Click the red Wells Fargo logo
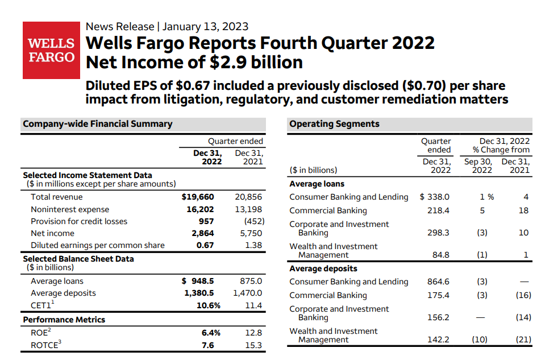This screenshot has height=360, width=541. (x=51, y=50)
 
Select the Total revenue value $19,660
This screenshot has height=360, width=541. (x=197, y=197)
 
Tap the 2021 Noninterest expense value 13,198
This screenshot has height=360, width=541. (x=248, y=209)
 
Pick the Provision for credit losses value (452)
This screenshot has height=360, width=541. (x=253, y=221)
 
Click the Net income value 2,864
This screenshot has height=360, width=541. (x=202, y=233)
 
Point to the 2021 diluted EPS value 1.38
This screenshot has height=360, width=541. (x=253, y=245)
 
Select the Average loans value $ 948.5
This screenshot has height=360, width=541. (x=198, y=281)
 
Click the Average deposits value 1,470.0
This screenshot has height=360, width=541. (x=248, y=293)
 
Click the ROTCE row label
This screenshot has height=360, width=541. (x=45, y=345)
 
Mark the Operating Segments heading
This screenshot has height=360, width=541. (x=334, y=123)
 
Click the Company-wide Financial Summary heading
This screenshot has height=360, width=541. (x=97, y=123)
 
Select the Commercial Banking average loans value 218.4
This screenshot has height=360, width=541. (x=438, y=210)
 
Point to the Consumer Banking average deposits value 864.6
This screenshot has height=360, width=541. (x=438, y=282)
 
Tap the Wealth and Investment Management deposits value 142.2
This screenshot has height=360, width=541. (x=438, y=340)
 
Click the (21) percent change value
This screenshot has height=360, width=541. (x=523, y=340)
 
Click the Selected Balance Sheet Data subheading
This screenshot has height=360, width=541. (x=78, y=259)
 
